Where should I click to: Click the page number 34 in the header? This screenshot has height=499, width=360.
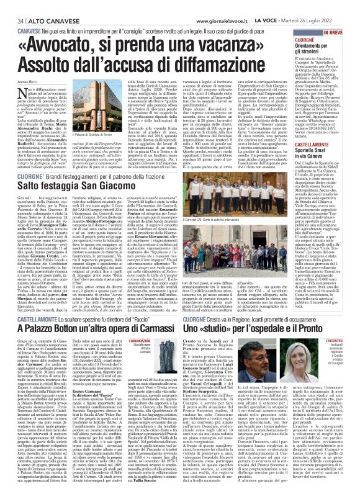click(12, 6)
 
